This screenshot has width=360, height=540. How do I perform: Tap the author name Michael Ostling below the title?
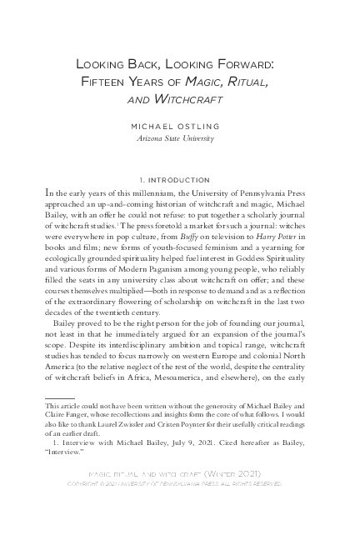(x=179, y=127)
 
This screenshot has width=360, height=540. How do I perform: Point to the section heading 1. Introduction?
(x=179, y=179)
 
